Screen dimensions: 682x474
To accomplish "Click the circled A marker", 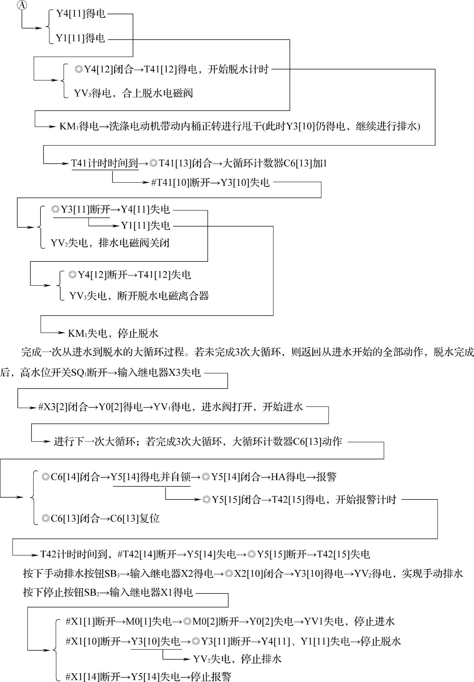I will tap(21, 5).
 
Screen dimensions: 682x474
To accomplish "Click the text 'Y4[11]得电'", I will tap(81, 14).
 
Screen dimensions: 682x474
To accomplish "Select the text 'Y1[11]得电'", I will tap(80, 38).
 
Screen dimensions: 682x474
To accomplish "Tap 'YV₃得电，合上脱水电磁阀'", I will tap(133, 93).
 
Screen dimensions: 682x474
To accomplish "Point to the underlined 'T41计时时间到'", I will tap(104, 163).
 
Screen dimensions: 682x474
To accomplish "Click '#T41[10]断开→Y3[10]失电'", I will tap(210, 183).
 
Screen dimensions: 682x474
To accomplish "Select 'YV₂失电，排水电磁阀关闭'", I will tap(110, 243).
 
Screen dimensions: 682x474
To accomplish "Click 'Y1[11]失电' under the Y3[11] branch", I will tap(146, 226).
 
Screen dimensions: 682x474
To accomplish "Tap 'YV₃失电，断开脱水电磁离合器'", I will tap(139, 296).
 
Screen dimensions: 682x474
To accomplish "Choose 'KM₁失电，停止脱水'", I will tap(113, 333).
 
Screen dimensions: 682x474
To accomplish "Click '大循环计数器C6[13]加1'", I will tap(275, 163).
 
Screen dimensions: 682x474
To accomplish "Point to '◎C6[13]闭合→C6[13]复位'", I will tap(101, 518).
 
